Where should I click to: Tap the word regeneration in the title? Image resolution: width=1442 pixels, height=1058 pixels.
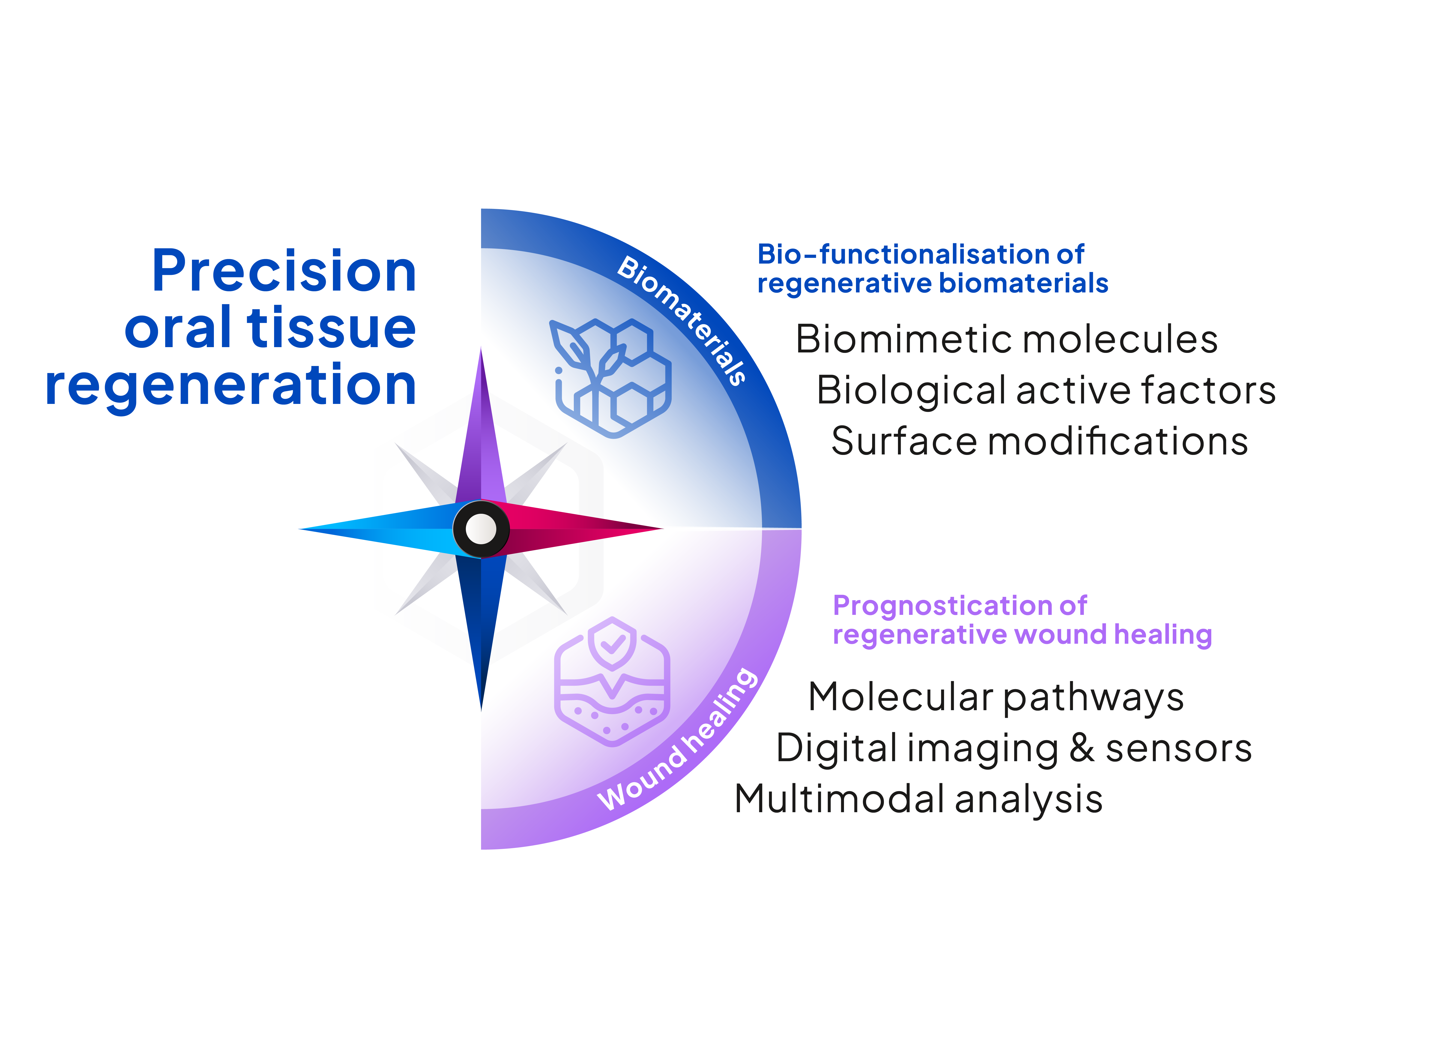tap(230, 385)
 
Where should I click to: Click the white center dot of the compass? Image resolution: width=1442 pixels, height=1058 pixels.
tap(481, 529)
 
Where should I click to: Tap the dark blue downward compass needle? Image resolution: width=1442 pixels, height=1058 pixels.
tap(481, 628)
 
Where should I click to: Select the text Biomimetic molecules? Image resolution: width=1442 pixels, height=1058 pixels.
tap(1006, 340)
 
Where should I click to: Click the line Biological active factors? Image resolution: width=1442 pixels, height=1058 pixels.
tap(1046, 391)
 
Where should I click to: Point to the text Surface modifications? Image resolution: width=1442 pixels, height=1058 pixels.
tap(1039, 442)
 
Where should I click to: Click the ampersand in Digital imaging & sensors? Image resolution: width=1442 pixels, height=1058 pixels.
tap(1082, 748)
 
